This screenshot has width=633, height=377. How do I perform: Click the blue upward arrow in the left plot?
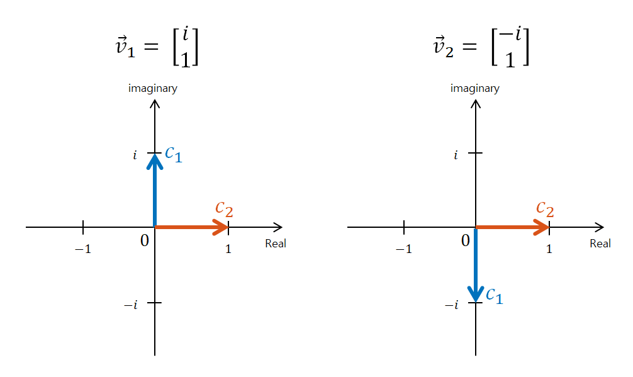click(155, 192)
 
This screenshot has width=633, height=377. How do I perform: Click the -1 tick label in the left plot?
click(83, 249)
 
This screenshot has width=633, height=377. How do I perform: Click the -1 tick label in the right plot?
click(403, 249)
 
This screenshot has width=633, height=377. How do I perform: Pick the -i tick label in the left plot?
click(130, 305)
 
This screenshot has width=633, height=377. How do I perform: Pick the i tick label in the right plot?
click(456, 155)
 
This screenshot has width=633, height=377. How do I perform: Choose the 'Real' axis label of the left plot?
click(276, 244)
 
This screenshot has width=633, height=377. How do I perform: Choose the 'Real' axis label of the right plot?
click(600, 244)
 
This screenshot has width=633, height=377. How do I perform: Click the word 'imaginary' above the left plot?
click(153, 88)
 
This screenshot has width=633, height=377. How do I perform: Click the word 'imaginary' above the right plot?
click(475, 88)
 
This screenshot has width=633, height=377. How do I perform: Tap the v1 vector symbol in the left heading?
click(125, 49)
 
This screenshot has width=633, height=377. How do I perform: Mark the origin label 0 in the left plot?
click(145, 240)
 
